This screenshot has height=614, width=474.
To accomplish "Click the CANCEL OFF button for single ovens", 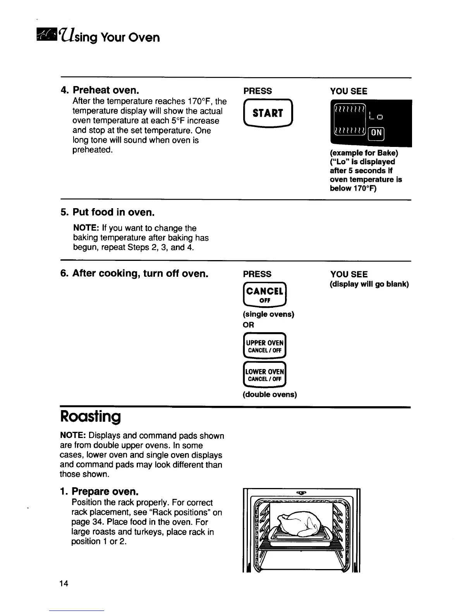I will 265,295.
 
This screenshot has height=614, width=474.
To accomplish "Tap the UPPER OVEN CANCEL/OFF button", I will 265,346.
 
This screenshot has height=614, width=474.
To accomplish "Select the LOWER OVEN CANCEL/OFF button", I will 265,375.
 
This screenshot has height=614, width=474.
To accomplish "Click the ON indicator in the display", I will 377,133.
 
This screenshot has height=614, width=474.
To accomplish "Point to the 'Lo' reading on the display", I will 376,116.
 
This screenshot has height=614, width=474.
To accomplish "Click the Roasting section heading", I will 90,417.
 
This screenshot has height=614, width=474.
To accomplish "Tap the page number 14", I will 64,583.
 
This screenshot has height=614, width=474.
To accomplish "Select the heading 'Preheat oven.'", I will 106,90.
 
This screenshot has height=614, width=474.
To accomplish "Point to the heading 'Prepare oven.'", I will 105,492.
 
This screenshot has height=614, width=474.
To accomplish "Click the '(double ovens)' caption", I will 270,395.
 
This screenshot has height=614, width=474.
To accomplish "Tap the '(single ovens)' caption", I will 268,314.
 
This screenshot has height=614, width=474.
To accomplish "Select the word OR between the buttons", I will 248,325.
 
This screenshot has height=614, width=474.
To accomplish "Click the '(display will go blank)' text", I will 369,284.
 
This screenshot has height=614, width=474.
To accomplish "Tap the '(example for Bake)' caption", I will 364,153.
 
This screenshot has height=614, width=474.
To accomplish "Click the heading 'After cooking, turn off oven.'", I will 140,274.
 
